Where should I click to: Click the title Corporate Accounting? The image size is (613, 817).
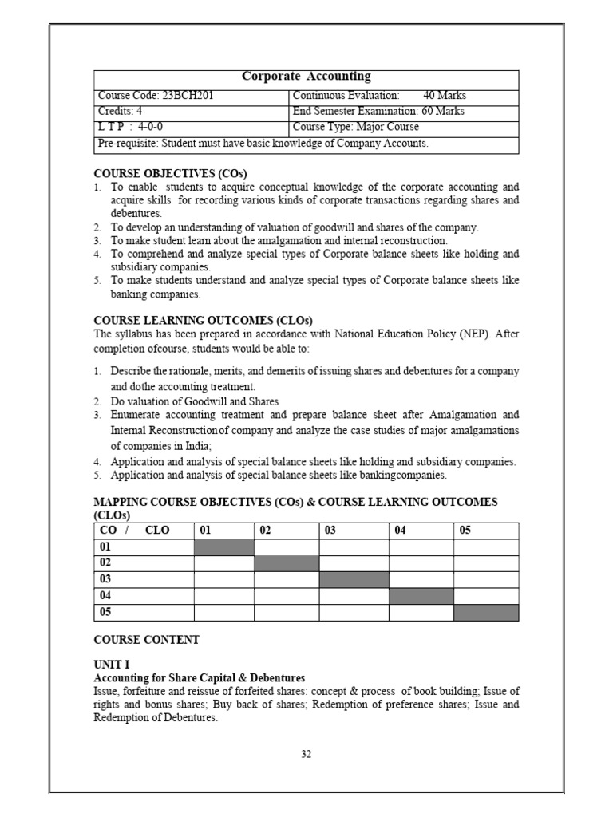click(306, 77)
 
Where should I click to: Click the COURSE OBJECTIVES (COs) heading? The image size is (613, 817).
click(171, 173)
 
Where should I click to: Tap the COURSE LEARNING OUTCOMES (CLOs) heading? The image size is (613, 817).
click(204, 320)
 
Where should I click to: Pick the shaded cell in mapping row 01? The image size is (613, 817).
click(224, 547)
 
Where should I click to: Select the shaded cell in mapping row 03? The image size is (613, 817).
click(354, 579)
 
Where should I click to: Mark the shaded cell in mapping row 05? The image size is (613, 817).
click(486, 612)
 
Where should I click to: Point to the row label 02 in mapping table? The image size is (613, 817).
click(105, 563)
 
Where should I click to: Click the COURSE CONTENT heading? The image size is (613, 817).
click(147, 640)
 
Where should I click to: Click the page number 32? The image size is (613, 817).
click(306, 756)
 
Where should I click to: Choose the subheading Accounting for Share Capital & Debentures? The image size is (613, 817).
click(199, 677)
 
